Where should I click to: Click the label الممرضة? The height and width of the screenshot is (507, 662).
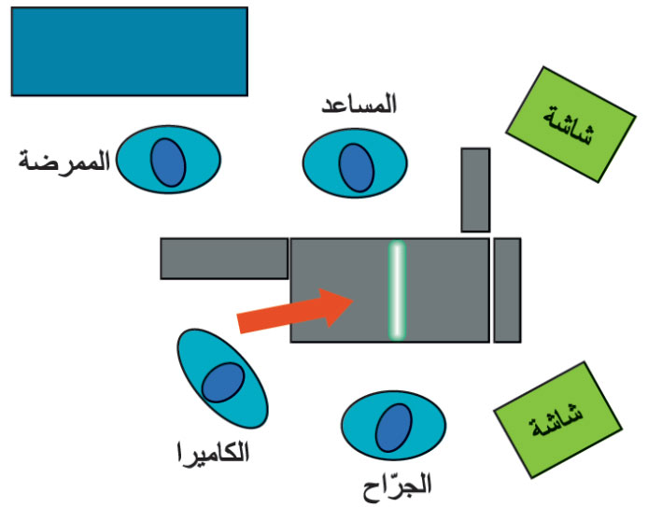63,161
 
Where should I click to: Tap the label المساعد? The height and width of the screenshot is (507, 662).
358,105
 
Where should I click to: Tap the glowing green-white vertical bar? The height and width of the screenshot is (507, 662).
397,290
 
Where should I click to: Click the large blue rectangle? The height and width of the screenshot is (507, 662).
129,51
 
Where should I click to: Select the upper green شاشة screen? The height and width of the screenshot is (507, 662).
570,124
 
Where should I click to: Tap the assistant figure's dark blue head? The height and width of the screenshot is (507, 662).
357,164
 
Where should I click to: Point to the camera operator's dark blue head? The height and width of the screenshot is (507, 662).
221,383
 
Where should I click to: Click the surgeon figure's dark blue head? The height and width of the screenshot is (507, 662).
393,429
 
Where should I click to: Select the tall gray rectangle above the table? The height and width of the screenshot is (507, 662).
475,190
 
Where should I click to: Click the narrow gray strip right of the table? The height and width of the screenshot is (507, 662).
506,290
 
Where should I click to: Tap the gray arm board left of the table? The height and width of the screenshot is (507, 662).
224,259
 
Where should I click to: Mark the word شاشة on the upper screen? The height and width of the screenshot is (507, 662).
570,124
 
